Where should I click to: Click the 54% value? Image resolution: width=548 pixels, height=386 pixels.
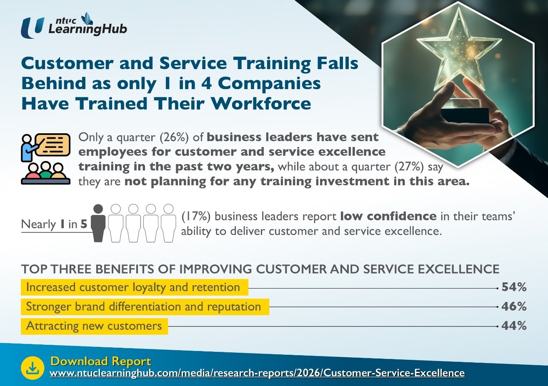pos(514,287)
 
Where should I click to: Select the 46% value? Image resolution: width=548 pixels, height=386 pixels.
pos(514,306)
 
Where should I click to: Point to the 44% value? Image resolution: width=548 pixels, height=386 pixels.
pos(514,326)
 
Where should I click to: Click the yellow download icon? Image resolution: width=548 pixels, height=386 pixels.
pos(33,368)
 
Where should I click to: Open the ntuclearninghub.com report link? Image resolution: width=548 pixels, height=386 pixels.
pos(257,373)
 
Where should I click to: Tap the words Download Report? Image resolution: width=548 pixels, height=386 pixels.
pos(100,361)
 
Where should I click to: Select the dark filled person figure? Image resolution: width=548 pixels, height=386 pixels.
pos(98,223)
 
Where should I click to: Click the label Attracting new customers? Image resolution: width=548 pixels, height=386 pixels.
pos(94,326)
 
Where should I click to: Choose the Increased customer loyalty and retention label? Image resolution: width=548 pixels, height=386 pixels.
pos(133,287)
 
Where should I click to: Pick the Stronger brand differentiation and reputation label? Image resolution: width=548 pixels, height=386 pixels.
pos(143,307)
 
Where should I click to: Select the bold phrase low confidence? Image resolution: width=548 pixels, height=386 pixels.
pos(388,217)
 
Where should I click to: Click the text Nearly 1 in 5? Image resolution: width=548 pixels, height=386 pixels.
pos(54,224)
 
